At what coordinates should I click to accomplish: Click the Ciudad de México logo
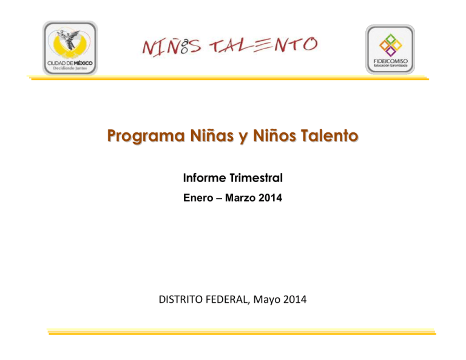[x=70, y=48]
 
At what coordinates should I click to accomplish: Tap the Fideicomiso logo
[x=390, y=49]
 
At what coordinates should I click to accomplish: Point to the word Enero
[x=197, y=197]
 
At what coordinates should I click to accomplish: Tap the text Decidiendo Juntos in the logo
[x=70, y=69]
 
